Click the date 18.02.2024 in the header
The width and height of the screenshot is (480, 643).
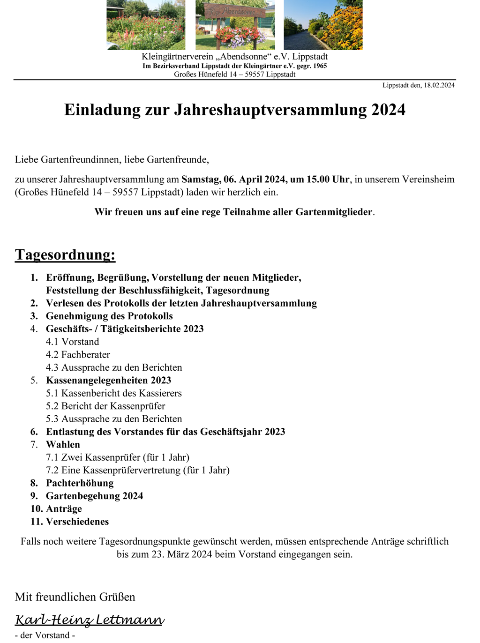(x=439, y=85)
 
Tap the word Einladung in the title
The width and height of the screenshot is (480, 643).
(x=96, y=110)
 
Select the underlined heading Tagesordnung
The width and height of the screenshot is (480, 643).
(x=65, y=254)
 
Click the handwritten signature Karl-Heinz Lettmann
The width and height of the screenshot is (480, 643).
(x=90, y=620)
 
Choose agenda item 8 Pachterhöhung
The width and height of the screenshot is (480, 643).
(x=79, y=483)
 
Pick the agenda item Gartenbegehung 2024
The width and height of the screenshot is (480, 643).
(x=94, y=496)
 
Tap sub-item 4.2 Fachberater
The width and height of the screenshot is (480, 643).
(x=78, y=355)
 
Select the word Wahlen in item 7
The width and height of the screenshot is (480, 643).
(x=63, y=444)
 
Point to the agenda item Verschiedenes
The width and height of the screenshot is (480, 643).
(x=77, y=522)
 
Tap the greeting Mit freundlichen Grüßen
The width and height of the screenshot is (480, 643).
(x=75, y=597)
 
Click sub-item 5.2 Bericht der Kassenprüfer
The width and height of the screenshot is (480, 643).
(x=105, y=406)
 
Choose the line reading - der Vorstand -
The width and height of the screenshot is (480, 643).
(x=45, y=636)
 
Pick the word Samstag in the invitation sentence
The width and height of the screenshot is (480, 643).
(x=201, y=179)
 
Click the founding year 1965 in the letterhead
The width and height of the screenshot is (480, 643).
(x=320, y=66)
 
